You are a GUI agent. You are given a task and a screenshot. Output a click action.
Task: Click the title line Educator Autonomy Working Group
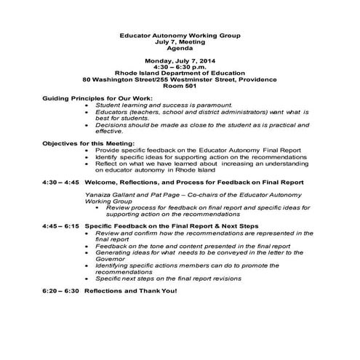[x=180, y=35]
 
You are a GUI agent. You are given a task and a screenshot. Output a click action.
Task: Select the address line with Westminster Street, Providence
[x=180, y=79]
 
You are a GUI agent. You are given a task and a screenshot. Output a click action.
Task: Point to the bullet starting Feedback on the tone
[x=193, y=246]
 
